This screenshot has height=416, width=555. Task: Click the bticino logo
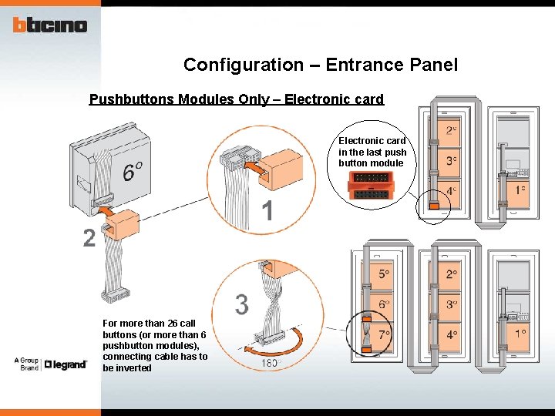50,25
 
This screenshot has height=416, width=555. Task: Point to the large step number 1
267,211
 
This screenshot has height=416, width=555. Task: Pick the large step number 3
241,305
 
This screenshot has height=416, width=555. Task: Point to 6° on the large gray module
132,171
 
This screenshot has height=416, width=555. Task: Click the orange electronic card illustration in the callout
372,185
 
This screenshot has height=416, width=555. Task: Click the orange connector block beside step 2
119,228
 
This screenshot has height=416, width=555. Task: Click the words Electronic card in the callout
372,141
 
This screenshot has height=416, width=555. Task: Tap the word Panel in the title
434,65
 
